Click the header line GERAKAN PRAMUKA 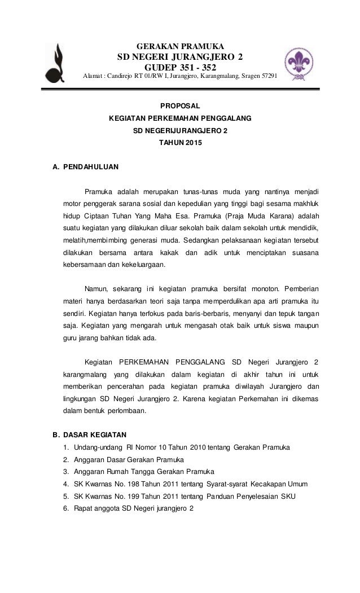[179, 46]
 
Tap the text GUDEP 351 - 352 [180, 67]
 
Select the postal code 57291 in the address [267, 76]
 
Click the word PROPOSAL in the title [180, 104]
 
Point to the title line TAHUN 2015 [180, 144]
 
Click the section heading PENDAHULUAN [90, 168]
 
